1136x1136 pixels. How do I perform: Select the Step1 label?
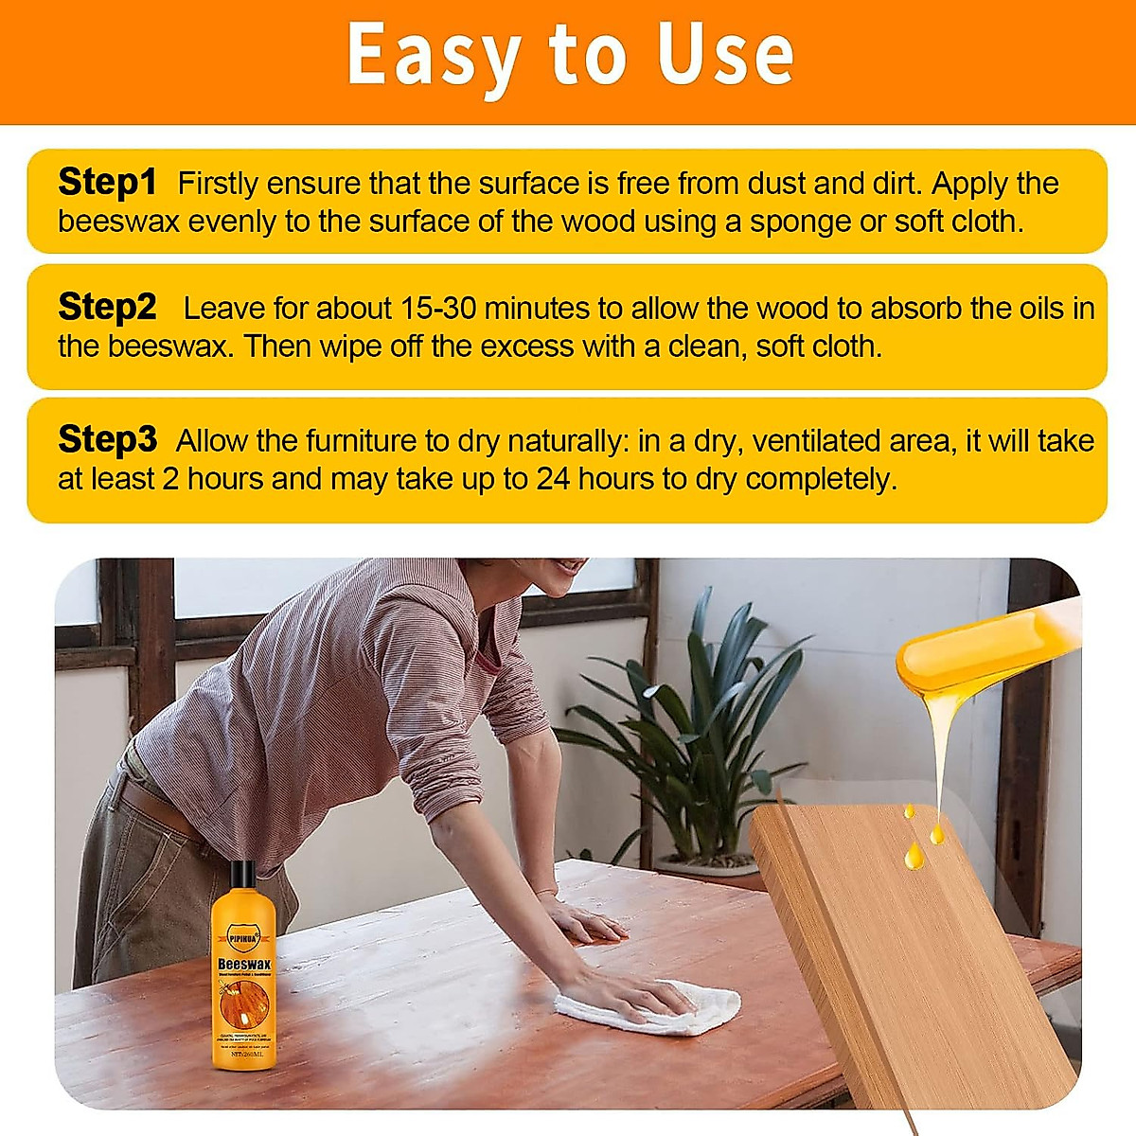coord(107,182)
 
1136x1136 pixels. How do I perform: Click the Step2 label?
coord(107,307)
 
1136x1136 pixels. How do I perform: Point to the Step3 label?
coord(107,439)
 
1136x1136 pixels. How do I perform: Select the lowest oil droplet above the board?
coord(914,858)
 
